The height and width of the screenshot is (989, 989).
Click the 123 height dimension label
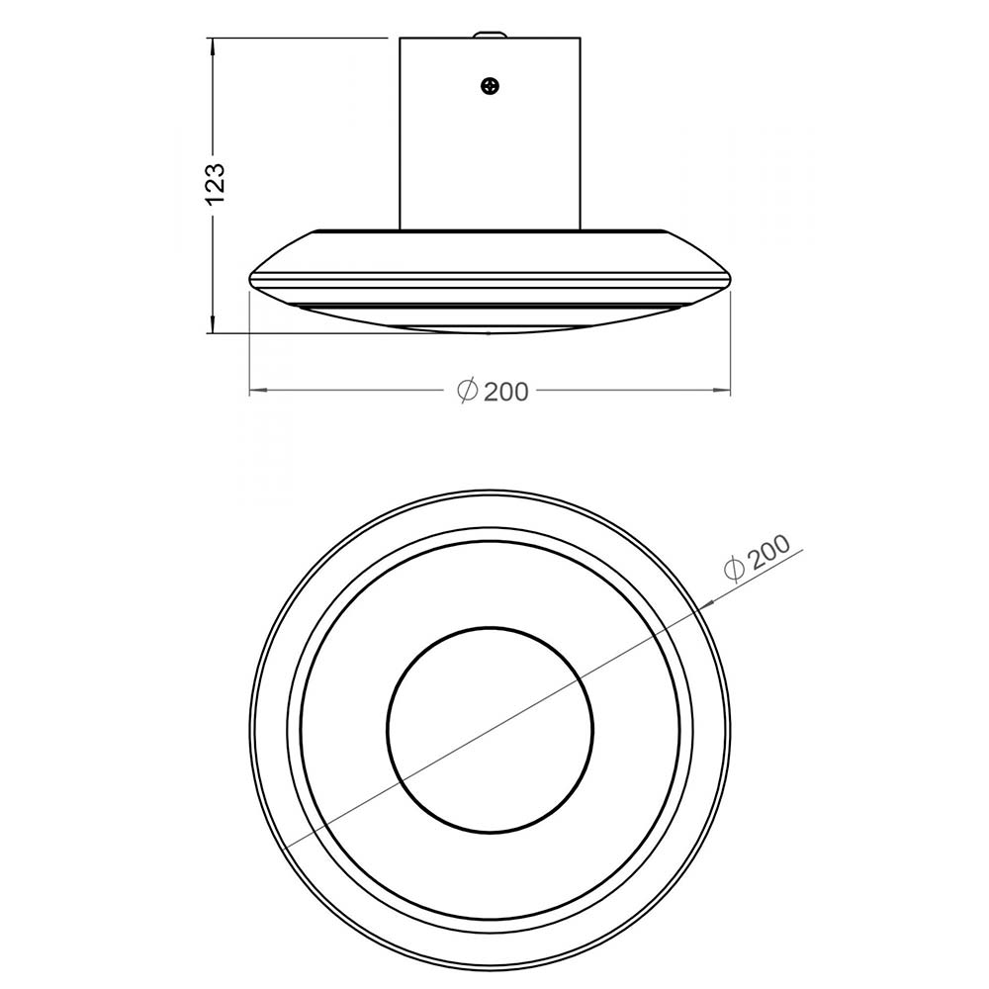coord(216,184)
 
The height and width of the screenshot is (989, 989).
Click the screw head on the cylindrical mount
coord(491,86)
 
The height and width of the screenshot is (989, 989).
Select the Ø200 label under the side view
coord(492,391)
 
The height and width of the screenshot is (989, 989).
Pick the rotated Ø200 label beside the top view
coord(757,557)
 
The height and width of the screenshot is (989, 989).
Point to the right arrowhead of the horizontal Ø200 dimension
coord(721,391)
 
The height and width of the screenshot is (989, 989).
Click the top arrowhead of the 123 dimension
coord(214,47)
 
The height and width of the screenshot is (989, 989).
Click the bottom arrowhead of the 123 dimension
coord(214,323)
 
